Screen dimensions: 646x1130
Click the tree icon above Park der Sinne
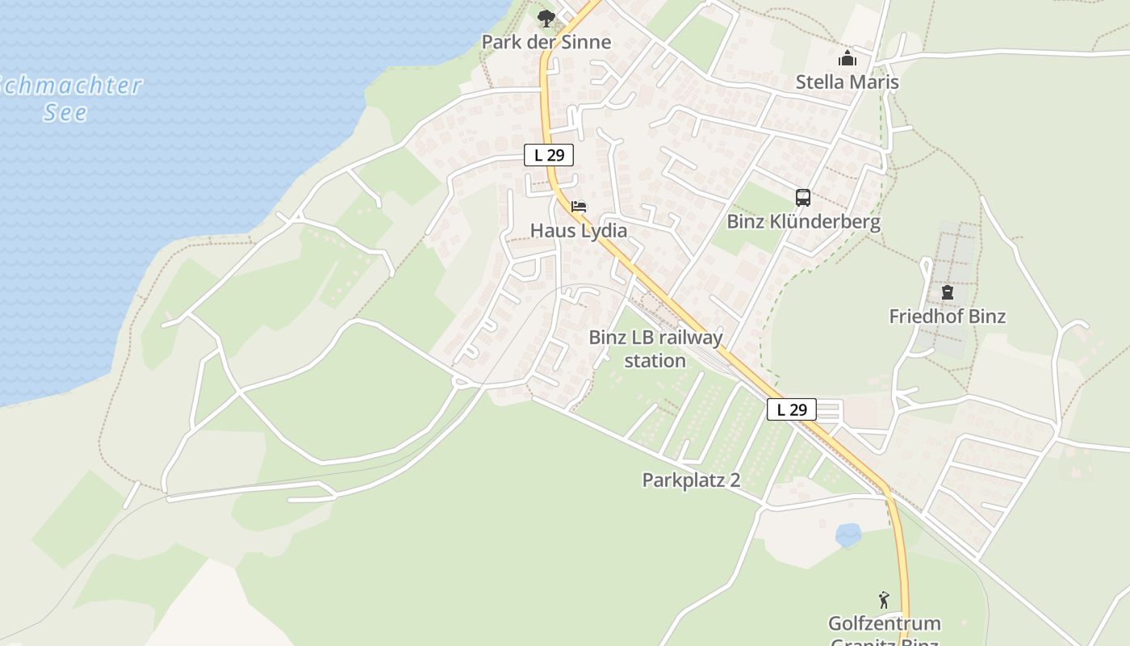(x=546, y=17)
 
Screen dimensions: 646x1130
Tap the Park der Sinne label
(x=546, y=42)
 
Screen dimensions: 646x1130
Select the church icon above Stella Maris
(x=847, y=58)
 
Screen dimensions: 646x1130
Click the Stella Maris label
(x=847, y=82)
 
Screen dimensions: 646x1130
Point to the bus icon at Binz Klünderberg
(x=803, y=198)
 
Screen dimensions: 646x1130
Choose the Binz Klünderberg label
(x=803, y=221)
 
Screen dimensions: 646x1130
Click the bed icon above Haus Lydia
(x=579, y=207)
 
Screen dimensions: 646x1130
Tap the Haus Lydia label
(x=578, y=230)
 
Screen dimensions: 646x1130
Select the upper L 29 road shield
(x=549, y=155)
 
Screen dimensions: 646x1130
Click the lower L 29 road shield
(x=791, y=409)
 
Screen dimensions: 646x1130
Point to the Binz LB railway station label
(x=655, y=349)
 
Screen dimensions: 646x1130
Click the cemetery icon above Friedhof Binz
(x=947, y=292)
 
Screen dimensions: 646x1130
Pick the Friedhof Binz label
(x=947, y=316)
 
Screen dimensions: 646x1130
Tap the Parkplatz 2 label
(x=691, y=480)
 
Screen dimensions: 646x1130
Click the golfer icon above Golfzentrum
(x=884, y=600)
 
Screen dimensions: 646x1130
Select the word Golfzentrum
(x=884, y=623)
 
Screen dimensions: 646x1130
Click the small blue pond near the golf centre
(x=847, y=534)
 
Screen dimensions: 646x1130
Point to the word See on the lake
(x=65, y=112)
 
